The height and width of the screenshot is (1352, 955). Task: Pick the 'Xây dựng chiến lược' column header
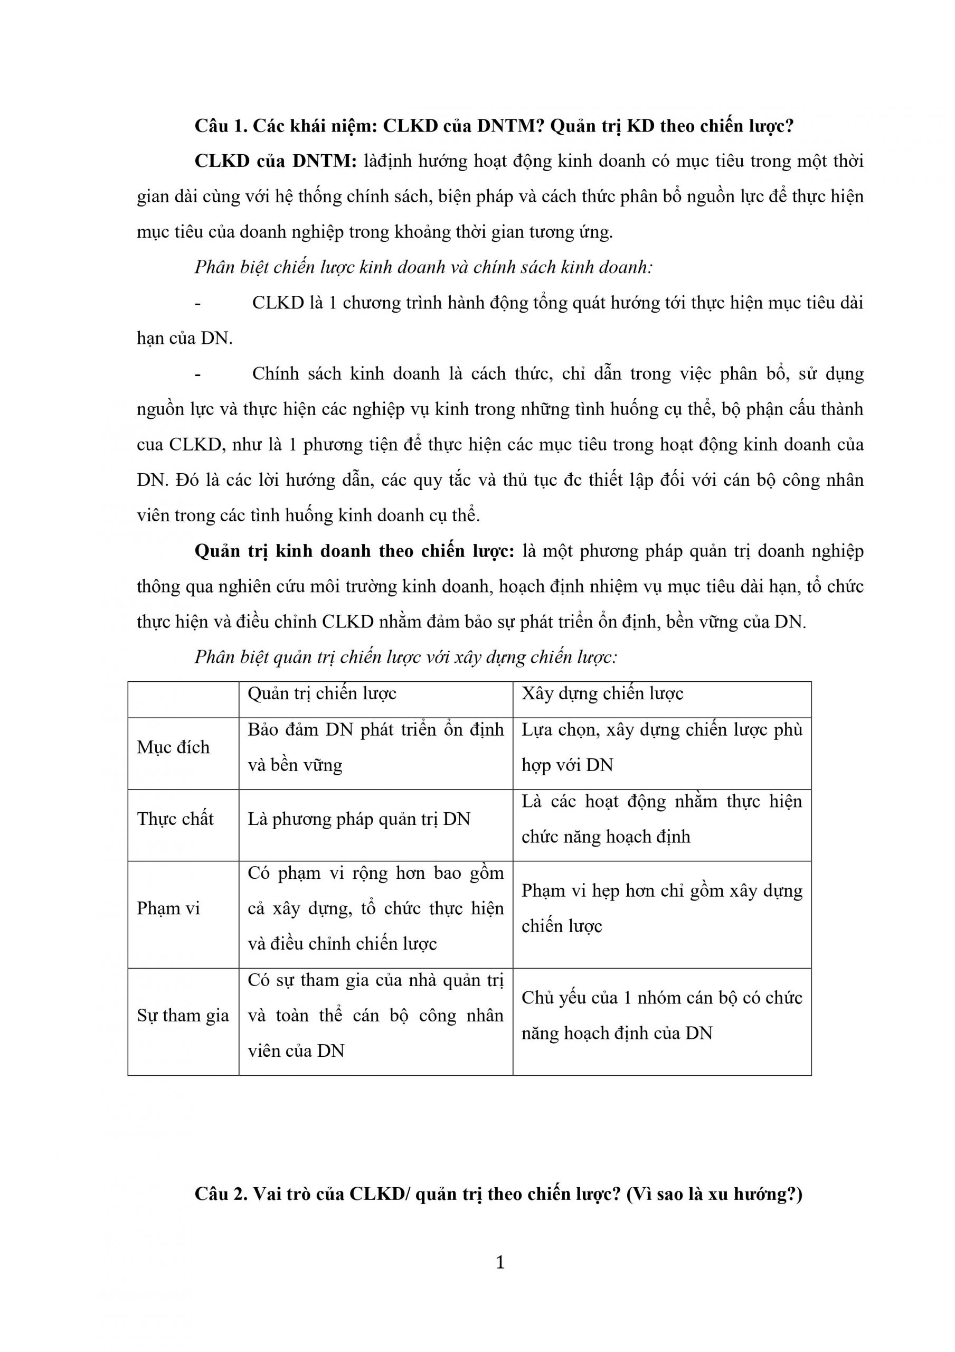[x=602, y=693]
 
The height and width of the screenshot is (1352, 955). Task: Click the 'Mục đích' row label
[x=173, y=747]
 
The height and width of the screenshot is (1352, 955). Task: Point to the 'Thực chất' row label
[x=175, y=819]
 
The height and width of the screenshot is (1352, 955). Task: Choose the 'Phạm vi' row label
[x=168, y=908]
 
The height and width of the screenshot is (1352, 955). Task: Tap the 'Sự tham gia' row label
[x=183, y=1015]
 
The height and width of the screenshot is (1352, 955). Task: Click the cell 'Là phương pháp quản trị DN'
[x=358, y=819]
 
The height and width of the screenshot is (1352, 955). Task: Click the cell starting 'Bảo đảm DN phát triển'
[x=375, y=747]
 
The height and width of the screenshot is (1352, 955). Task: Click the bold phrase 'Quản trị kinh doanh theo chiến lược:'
[x=354, y=551]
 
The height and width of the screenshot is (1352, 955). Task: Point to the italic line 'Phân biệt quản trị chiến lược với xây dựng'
[x=405, y=657]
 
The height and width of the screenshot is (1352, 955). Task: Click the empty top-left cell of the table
[x=183, y=700]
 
